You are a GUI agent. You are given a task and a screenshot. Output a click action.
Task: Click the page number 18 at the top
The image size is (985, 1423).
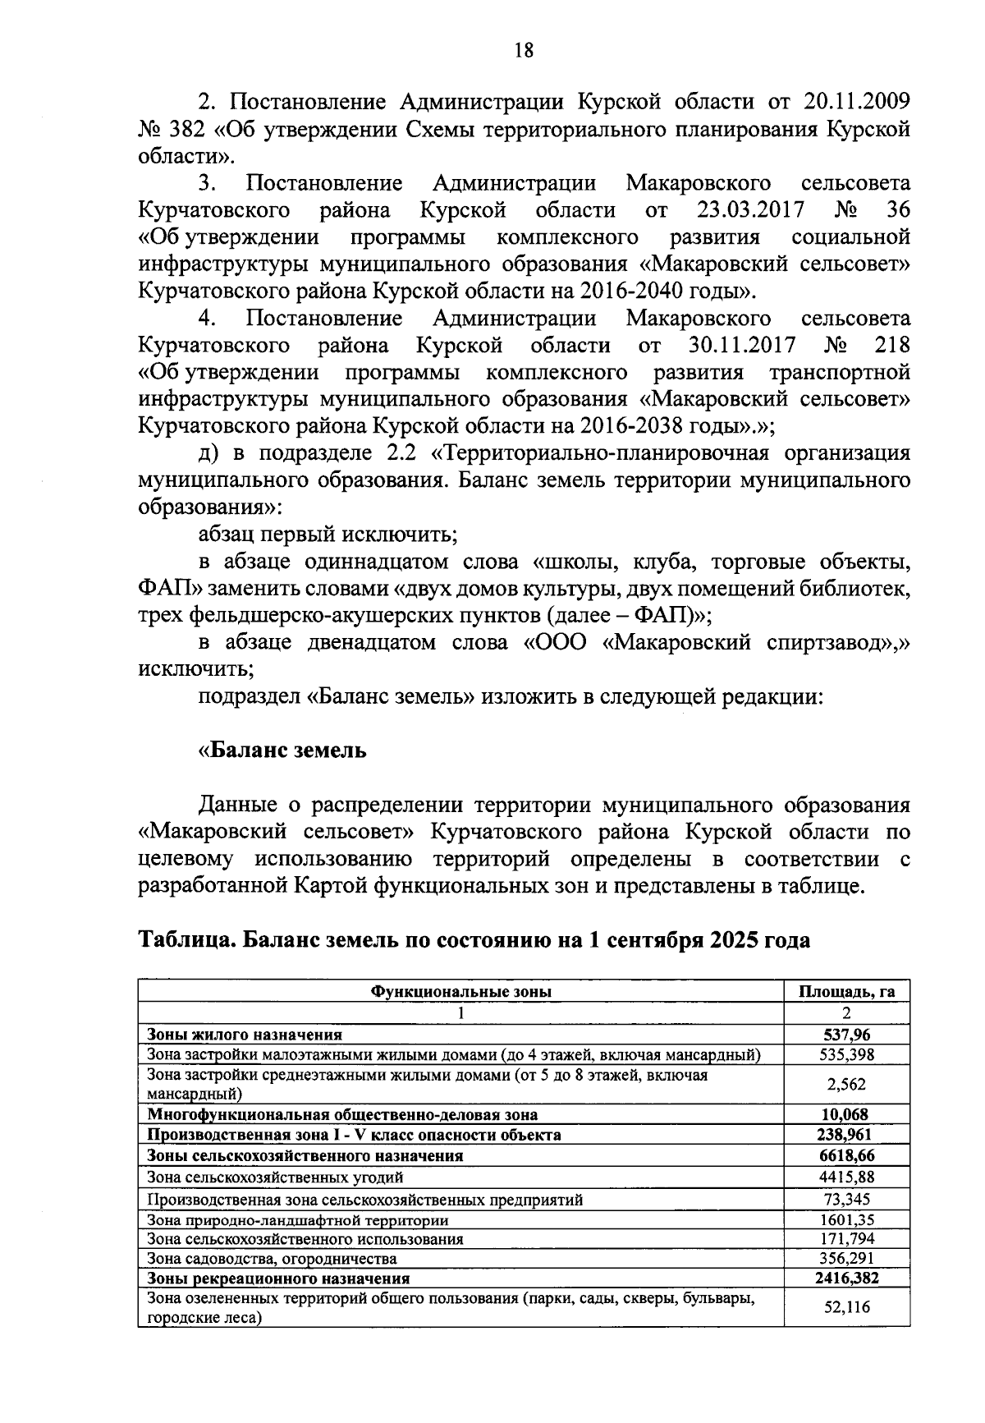523,51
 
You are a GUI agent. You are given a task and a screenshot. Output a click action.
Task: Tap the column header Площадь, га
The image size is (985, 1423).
846,992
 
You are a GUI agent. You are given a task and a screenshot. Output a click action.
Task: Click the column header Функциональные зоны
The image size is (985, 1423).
461,992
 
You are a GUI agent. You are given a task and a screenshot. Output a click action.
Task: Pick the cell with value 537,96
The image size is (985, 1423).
846,1035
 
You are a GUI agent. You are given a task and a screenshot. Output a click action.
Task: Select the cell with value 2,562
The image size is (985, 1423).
846,1084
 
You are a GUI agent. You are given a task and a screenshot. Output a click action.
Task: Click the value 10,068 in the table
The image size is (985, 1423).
846,1114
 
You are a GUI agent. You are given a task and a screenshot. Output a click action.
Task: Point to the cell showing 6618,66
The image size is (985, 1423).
846,1155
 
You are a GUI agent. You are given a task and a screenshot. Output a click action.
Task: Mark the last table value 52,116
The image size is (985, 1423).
846,1307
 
